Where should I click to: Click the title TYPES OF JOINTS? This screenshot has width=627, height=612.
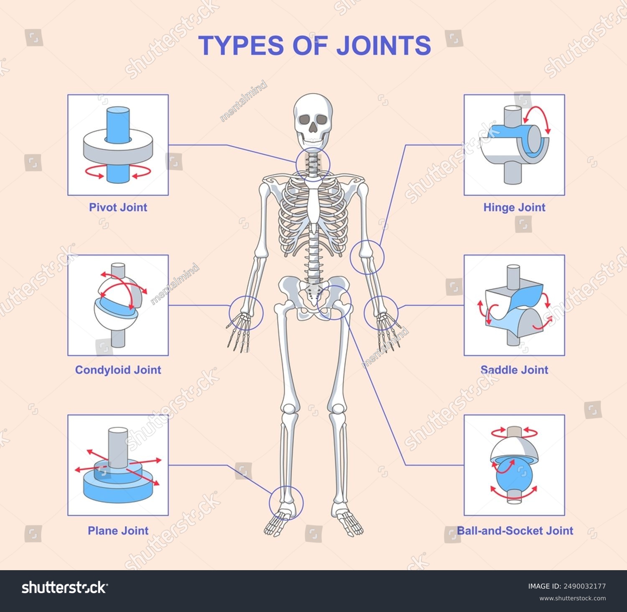(314, 45)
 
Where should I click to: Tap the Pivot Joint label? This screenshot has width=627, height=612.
(118, 207)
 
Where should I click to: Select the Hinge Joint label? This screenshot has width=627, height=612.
(514, 207)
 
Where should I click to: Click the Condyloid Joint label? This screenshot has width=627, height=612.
(118, 370)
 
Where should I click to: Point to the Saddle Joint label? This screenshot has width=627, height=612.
(514, 370)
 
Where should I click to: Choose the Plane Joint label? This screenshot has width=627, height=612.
(118, 530)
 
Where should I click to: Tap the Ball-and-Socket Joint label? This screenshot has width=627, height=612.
(515, 530)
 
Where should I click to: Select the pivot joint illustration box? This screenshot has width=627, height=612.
(118, 145)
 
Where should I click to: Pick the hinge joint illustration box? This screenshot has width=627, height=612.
(514, 145)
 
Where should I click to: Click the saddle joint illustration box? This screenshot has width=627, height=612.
(514, 305)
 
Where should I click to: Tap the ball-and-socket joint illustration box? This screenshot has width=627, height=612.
(514, 465)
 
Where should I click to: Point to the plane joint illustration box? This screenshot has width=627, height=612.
(118, 465)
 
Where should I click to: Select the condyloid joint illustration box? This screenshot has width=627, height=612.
(118, 305)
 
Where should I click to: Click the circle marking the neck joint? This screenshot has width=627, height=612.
(296, 164)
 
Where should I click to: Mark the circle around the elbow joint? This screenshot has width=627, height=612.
(350, 257)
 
